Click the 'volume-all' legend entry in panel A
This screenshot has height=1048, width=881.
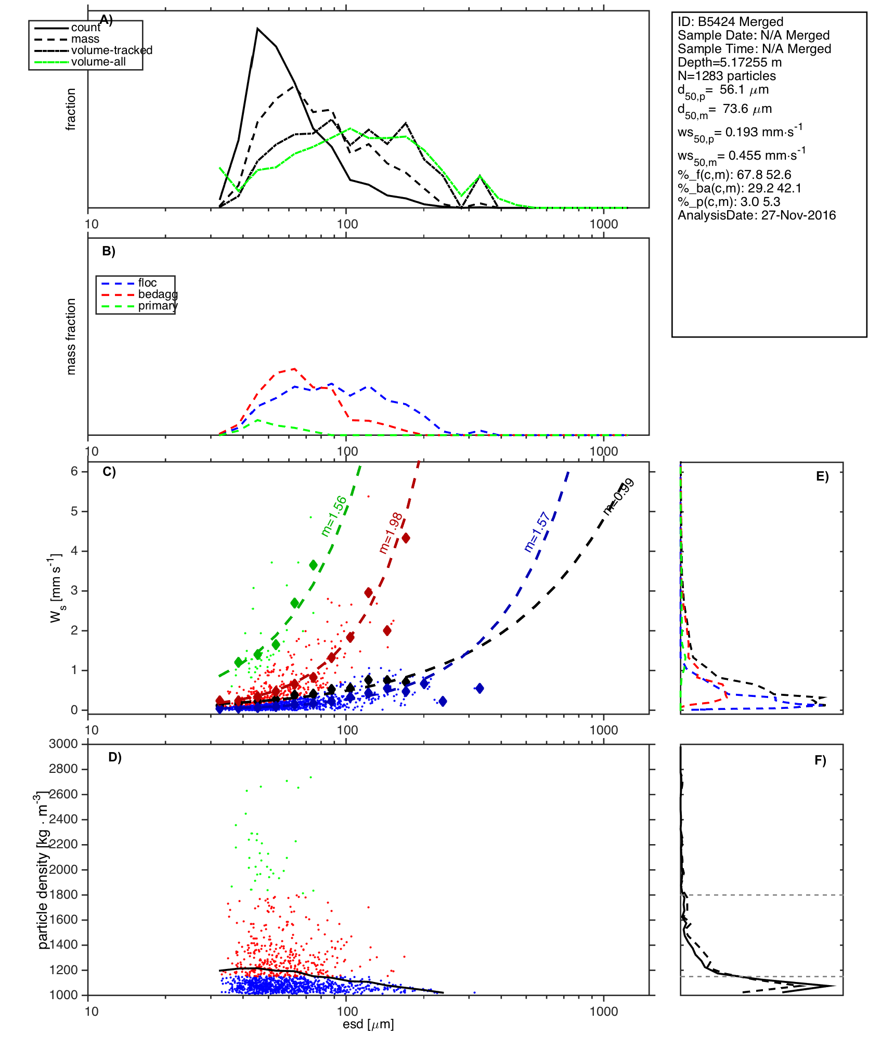(98, 62)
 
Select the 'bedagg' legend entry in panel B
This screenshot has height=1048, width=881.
(158, 294)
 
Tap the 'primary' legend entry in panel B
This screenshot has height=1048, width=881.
(158, 306)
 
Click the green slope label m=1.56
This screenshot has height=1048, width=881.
(334, 516)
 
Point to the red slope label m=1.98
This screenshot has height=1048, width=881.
(391, 533)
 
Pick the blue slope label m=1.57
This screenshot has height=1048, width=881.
(537, 532)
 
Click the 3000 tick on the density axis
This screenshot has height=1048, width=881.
(63, 744)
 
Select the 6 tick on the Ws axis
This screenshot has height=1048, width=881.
(74, 471)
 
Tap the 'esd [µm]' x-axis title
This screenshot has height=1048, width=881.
(368, 1025)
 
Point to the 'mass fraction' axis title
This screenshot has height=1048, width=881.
(71, 337)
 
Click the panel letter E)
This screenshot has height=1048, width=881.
(822, 476)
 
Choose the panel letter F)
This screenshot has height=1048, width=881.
(820, 760)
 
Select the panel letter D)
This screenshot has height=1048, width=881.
(115, 757)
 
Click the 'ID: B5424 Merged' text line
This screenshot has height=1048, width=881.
(730, 22)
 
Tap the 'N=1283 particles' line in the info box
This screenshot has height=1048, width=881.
(727, 76)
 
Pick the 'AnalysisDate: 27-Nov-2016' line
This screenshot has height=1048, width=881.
(757, 215)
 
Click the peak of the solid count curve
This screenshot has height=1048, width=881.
(257, 29)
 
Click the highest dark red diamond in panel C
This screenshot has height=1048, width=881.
(406, 538)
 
